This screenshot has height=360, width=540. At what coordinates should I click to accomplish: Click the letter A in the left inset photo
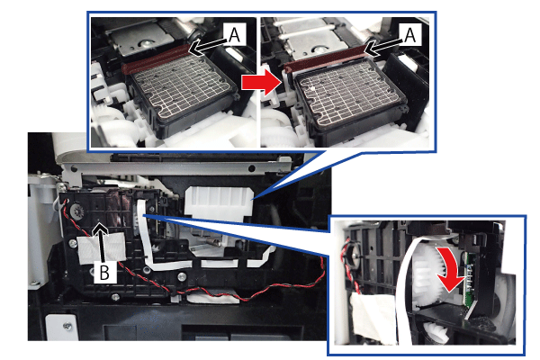[x=234, y=34]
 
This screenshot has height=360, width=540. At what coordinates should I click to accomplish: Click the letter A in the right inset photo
[x=409, y=34]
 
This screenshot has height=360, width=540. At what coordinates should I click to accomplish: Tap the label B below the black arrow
[x=104, y=272]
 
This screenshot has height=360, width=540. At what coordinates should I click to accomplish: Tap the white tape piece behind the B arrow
[x=102, y=248]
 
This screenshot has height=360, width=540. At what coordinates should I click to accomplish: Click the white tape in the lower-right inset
[x=373, y=317]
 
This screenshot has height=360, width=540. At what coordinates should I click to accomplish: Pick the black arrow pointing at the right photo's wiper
[x=383, y=46]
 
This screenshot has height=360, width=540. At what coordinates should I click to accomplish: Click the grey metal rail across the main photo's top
[x=179, y=168]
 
